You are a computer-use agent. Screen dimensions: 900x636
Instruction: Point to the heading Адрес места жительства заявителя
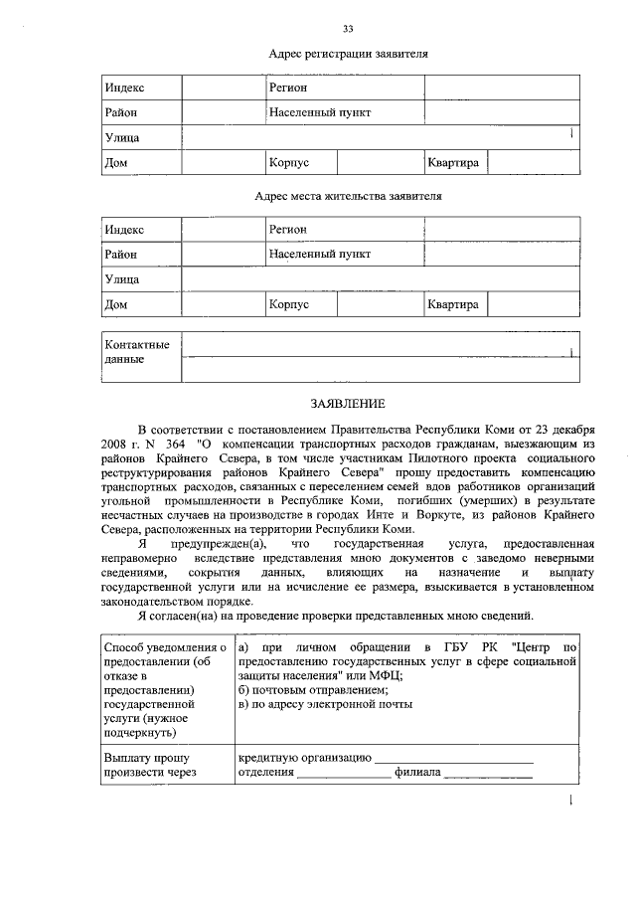(x=348, y=196)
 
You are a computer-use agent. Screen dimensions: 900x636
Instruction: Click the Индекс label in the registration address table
(x=124, y=89)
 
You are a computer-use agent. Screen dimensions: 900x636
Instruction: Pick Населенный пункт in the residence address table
(x=320, y=255)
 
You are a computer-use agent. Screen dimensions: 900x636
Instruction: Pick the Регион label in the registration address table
(x=289, y=89)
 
